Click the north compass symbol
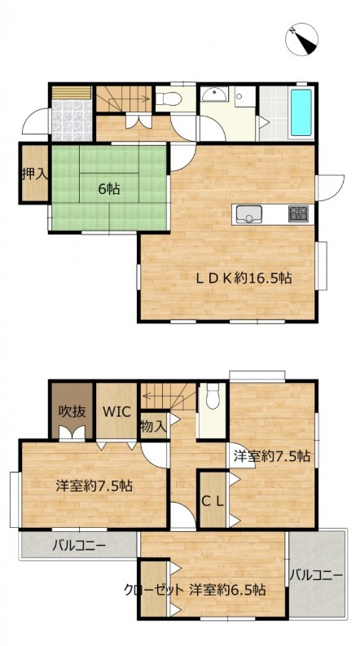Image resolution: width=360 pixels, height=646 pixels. click(x=301, y=39)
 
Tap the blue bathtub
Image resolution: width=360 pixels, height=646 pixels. click(x=301, y=112)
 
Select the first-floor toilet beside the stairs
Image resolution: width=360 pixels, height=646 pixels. click(x=169, y=99)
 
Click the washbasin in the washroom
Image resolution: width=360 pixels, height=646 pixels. click(x=214, y=94)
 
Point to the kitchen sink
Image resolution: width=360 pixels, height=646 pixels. click(x=248, y=213)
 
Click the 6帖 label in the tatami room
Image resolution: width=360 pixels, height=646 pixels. click(x=109, y=189)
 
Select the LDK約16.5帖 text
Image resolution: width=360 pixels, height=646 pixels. click(x=244, y=279)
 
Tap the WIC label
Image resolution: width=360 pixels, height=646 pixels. click(x=116, y=411)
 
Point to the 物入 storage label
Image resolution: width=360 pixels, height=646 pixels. click(x=153, y=426)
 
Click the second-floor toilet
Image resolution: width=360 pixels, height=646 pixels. click(x=213, y=396)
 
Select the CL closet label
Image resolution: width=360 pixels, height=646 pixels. click(x=213, y=501)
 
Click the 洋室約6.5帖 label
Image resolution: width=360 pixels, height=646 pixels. click(x=227, y=590)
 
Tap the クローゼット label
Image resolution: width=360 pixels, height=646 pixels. click(x=153, y=590)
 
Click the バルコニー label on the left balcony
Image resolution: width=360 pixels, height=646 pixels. click(x=79, y=547)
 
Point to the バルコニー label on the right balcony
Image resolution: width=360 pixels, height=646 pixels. click(x=315, y=574)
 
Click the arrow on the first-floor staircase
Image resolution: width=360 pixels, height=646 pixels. click(x=133, y=99)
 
